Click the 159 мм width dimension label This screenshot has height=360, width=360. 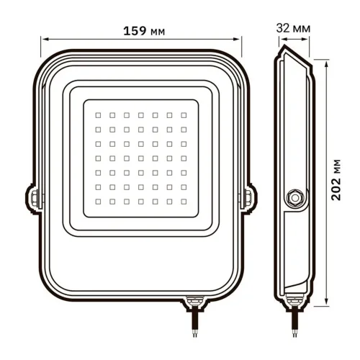pyautogui.click(x=140, y=31)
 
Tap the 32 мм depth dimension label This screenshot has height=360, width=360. pyautogui.click(x=293, y=27)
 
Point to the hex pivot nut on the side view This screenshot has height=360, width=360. pyautogui.click(x=294, y=196)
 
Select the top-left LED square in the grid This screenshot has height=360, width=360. pyautogui.click(x=97, y=114)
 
